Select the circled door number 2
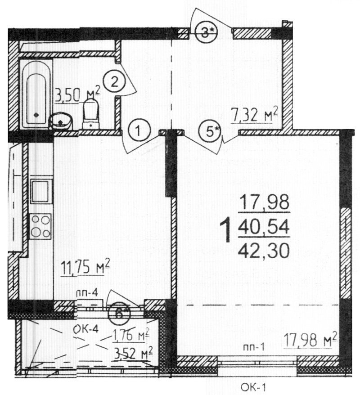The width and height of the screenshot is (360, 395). point(114,81)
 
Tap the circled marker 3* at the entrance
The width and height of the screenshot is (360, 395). point(206,32)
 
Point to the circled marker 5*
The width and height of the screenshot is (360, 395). point(210,131)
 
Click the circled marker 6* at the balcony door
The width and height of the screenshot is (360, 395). point(119,313)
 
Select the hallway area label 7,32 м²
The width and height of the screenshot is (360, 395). point(254,115)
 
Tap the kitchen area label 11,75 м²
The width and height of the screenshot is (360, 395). point(85,267)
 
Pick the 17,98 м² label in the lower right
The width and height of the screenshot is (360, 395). point(310,340)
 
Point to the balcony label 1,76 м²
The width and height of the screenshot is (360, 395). point(130,335)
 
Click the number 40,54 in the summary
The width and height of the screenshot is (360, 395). point(264,227)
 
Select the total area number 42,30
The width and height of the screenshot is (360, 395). point(264,251)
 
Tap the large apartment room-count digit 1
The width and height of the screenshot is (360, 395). point(225,230)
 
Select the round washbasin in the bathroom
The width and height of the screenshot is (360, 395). point(60,121)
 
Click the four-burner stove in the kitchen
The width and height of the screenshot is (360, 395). point(40,226)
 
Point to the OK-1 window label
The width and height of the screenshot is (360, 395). point(253,387)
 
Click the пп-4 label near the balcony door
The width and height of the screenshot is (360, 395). point(87,293)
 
